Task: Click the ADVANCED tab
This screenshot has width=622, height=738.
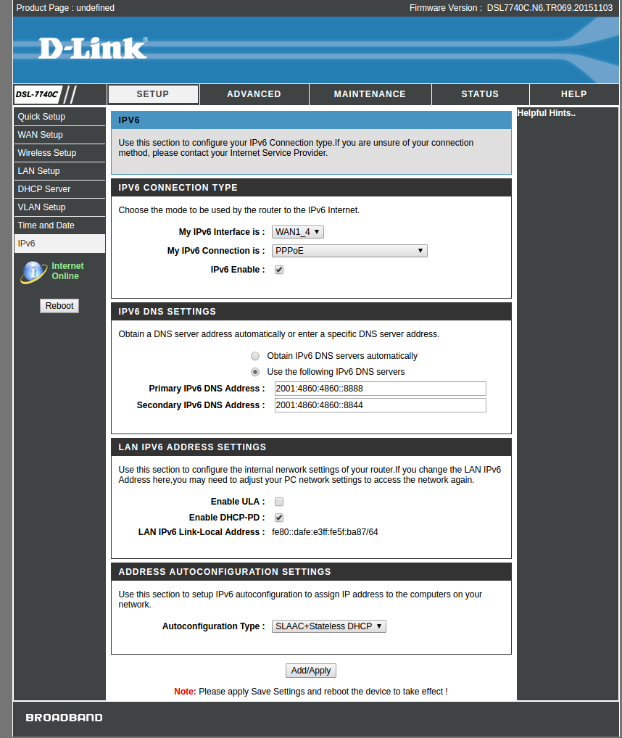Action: (254, 94)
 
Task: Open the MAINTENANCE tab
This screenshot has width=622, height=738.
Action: (370, 94)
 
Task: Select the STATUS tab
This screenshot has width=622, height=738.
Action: (480, 94)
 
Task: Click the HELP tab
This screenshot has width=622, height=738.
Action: (573, 94)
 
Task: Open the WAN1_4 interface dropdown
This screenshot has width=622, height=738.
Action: (298, 232)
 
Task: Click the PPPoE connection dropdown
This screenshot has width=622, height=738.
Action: (349, 251)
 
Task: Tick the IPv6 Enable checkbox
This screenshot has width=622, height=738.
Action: (279, 270)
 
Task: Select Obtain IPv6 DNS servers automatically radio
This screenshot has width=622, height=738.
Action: (255, 356)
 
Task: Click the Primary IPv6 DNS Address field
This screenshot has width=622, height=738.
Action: (380, 389)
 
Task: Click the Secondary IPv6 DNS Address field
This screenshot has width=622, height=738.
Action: (380, 405)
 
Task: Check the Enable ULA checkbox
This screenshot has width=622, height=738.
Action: (279, 502)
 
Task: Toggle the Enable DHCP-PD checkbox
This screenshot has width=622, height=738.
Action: (279, 518)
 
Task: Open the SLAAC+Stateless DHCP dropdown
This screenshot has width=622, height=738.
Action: (329, 626)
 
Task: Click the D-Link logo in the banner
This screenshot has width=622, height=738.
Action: (93, 49)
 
